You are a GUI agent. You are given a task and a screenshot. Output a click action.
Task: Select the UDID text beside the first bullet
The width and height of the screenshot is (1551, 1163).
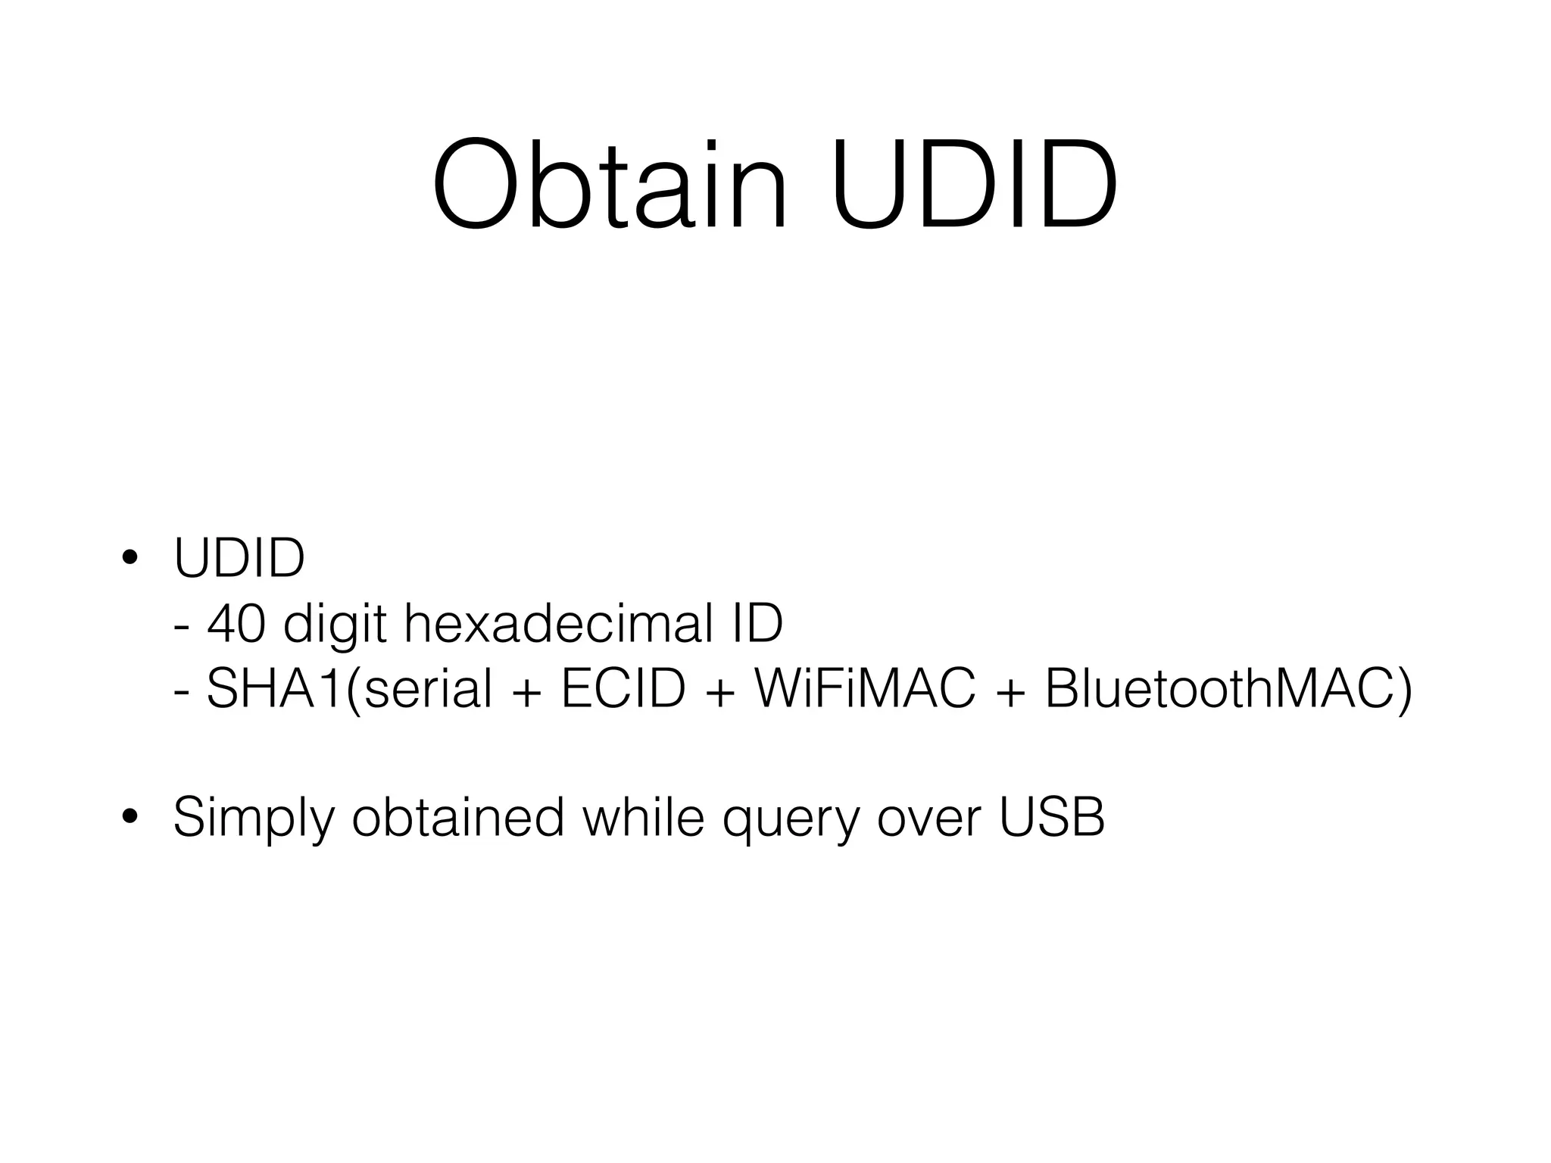click(x=239, y=558)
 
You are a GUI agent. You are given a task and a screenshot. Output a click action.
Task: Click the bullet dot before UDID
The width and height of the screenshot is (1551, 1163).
click(x=130, y=558)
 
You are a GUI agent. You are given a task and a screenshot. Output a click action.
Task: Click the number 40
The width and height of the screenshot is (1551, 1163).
click(x=236, y=624)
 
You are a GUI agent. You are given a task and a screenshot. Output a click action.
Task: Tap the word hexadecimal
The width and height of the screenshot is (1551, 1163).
click(x=558, y=624)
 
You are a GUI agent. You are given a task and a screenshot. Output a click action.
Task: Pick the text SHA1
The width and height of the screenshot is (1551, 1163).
click(x=273, y=689)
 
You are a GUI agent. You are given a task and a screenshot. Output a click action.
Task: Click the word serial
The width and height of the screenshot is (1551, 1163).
click(x=428, y=689)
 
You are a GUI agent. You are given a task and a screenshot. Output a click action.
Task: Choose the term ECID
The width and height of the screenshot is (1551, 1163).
click(x=623, y=689)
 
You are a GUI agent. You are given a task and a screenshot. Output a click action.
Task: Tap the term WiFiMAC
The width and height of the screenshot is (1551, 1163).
click(x=865, y=689)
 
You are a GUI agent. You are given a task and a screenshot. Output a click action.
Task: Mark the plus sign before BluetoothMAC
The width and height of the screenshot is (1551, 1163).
click(x=1010, y=691)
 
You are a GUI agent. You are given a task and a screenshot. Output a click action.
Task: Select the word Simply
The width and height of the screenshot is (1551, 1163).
click(x=253, y=818)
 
